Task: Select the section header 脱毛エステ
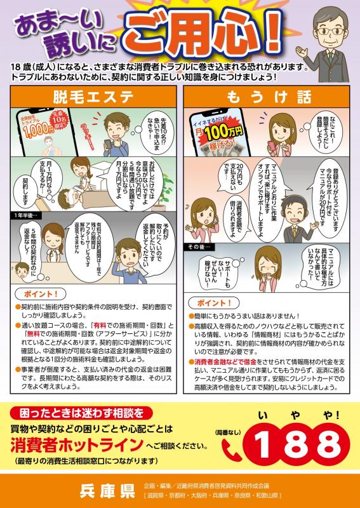click(x=94, y=97)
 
